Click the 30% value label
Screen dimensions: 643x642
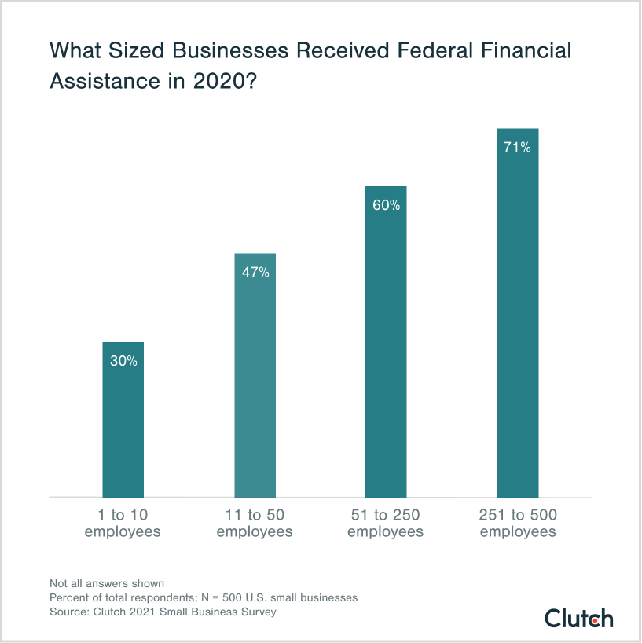[x=123, y=362]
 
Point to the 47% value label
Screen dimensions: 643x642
[x=255, y=273]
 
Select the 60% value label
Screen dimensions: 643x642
[x=387, y=206]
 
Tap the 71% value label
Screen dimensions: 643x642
[x=518, y=147]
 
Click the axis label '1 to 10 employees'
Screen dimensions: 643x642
[x=123, y=524]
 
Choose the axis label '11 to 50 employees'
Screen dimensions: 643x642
[x=255, y=524]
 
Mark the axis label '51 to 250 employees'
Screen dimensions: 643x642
[x=386, y=524]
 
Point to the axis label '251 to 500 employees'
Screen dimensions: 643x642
[x=518, y=524]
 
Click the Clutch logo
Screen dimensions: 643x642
[x=579, y=618]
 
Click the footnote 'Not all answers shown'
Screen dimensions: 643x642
[x=107, y=583]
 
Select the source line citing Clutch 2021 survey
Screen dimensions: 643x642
[x=163, y=612]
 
